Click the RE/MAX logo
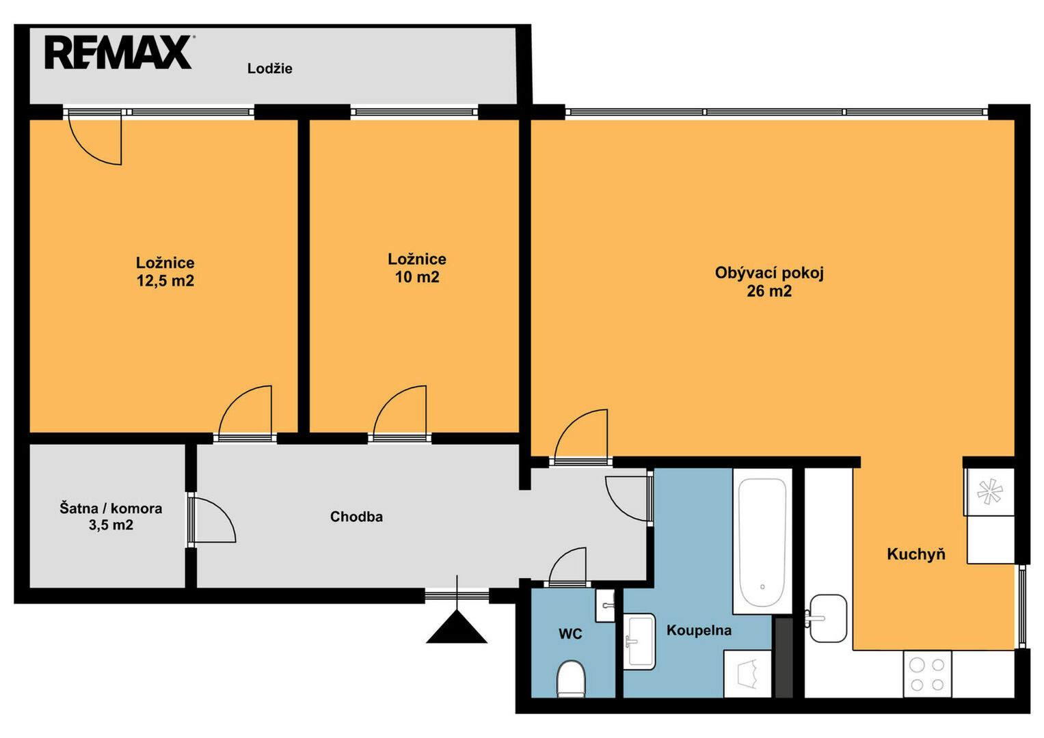[x=118, y=52]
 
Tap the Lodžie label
[x=270, y=68]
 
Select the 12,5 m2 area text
[x=165, y=281]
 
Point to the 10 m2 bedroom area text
[x=417, y=277]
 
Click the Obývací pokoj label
[x=769, y=273]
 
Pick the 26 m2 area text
[x=769, y=291]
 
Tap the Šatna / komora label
[x=111, y=508]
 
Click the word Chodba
[x=356, y=517]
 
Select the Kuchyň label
[x=916, y=554]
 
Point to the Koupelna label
[x=699, y=630]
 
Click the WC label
[x=570, y=633]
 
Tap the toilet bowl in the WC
[x=572, y=679]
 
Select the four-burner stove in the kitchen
[x=928, y=674]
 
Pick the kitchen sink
[x=827, y=618]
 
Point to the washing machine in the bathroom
[x=747, y=674]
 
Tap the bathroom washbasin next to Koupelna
[x=640, y=642]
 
